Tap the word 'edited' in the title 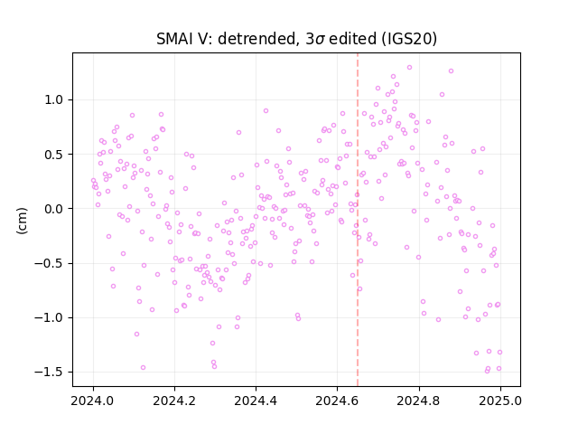click(352, 39)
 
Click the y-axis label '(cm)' click(22, 221)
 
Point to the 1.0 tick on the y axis click(55, 100)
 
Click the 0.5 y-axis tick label click(55, 155)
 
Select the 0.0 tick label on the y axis click(55, 209)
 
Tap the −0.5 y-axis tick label click(51, 263)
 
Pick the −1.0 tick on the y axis click(51, 317)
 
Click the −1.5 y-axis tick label click(51, 373)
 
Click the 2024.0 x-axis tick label click(93, 401)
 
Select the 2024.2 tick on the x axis click(174, 401)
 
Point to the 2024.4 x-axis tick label click(256, 401)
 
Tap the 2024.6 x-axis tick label click(337, 401)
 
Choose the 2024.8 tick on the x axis click(419, 401)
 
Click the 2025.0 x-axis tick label click(500, 401)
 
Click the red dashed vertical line click(358, 220)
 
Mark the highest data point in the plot click(409, 68)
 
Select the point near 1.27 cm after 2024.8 click(451, 71)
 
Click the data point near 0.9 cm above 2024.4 click(266, 110)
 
